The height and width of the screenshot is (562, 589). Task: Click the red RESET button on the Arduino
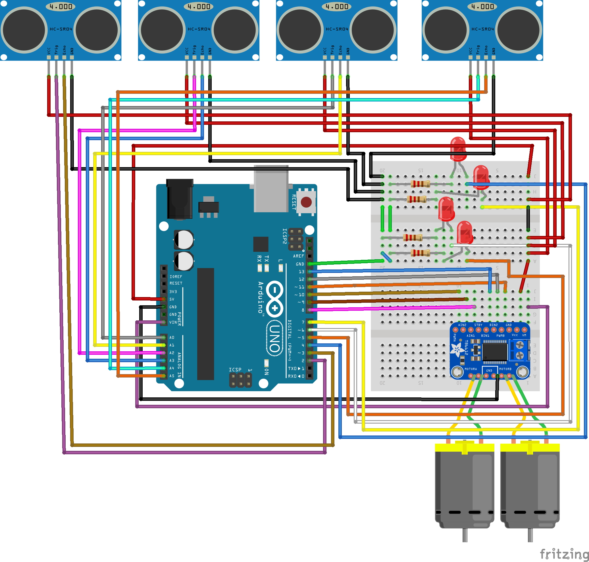coord(306,202)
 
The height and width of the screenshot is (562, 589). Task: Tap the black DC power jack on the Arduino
coord(180,199)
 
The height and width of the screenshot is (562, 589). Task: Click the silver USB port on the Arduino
coord(271,189)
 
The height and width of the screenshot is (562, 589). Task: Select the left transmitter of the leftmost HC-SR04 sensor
coord(24,30)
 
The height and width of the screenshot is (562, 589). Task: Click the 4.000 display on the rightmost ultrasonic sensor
coord(482,6)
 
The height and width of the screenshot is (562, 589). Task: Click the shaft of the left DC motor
coord(465,535)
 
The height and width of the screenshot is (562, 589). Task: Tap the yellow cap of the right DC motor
coord(530,447)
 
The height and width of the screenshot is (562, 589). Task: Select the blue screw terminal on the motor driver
coord(519,350)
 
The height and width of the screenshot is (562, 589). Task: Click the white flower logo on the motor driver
coord(457,350)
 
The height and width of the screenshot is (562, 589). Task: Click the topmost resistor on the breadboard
coord(420,184)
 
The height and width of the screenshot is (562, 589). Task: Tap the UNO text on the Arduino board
coord(274,338)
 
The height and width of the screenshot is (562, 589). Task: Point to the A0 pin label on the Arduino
coord(172,338)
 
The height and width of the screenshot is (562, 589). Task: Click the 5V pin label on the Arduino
coord(172,299)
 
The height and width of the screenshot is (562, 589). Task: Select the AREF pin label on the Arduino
coord(298,256)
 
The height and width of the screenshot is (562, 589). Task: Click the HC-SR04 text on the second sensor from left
coord(199,29)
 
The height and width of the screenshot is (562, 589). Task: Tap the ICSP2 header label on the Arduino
coord(284,236)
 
